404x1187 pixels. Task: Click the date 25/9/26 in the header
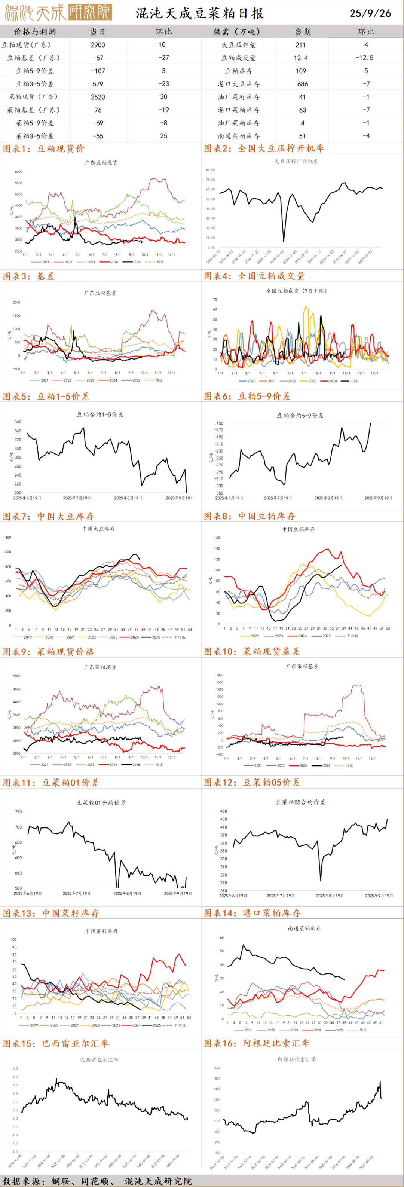tap(370, 13)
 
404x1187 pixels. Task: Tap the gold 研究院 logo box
tap(90, 12)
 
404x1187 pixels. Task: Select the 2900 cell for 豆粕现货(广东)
tap(98, 45)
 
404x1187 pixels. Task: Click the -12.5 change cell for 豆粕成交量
tap(364, 58)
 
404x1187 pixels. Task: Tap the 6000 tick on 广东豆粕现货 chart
tap(18, 172)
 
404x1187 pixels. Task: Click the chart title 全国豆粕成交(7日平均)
tap(296, 291)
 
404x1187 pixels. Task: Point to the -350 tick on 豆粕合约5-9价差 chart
tap(218, 493)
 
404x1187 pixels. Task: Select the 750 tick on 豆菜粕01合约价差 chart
tap(18, 812)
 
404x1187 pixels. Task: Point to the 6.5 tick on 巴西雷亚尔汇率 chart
tap(15, 1068)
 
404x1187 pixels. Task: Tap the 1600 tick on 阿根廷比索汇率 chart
tap(217, 1068)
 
